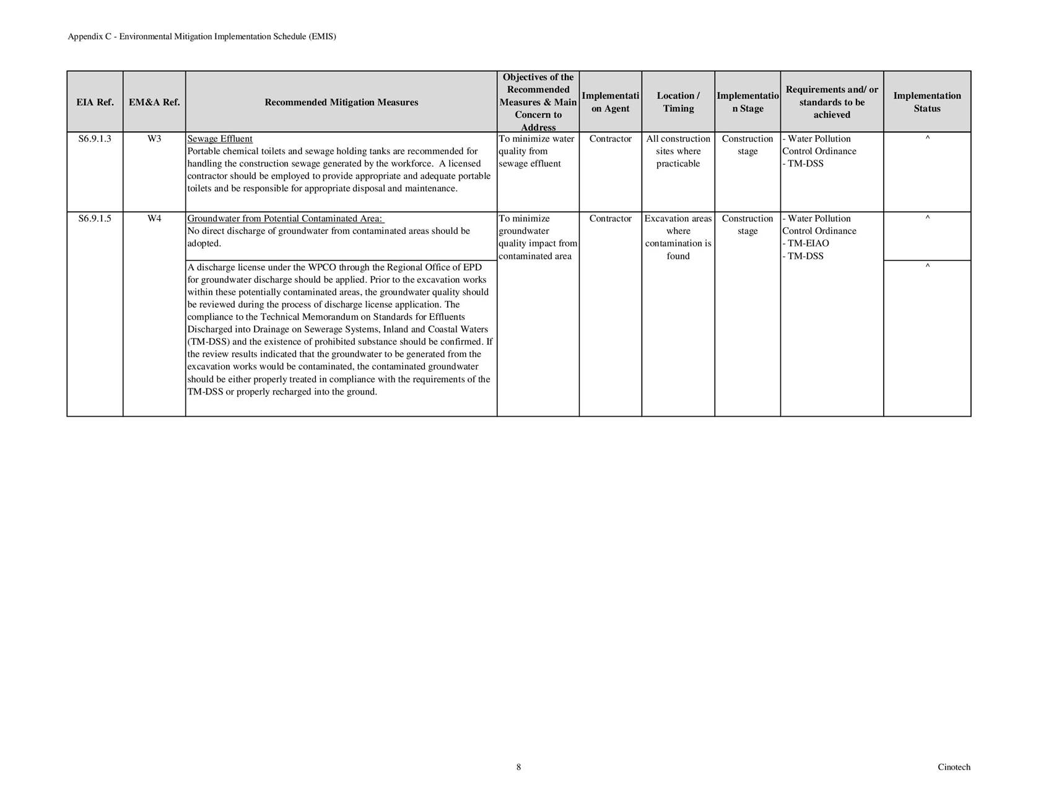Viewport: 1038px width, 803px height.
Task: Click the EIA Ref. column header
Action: pyautogui.click(x=95, y=102)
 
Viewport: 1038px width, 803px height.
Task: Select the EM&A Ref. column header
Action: pyautogui.click(x=154, y=102)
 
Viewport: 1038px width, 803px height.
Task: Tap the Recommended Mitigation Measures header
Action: pyautogui.click(x=341, y=102)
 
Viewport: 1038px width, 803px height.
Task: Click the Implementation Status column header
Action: pyautogui.click(x=927, y=102)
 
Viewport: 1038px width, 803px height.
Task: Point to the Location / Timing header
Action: pyautogui.click(x=678, y=102)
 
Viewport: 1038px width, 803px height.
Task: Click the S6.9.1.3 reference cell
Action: pyautogui.click(x=95, y=139)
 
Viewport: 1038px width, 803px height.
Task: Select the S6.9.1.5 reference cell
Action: pyautogui.click(x=95, y=219)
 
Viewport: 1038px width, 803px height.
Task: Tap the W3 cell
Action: pyautogui.click(x=154, y=139)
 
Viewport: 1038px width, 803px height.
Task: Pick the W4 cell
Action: pyautogui.click(x=154, y=219)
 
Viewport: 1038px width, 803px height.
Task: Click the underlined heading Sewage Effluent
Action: pyautogui.click(x=220, y=139)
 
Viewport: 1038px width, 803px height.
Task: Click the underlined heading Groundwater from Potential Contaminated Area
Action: pyautogui.click(x=286, y=219)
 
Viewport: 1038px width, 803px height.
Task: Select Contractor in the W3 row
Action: pyautogui.click(x=610, y=139)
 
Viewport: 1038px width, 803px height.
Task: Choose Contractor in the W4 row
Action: pyautogui.click(x=610, y=219)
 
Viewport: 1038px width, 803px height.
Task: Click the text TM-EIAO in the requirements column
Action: pyautogui.click(x=808, y=243)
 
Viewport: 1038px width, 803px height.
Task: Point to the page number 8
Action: pyautogui.click(x=518, y=767)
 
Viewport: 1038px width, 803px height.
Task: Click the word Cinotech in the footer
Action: pyautogui.click(x=954, y=767)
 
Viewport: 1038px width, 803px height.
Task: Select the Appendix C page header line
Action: pyautogui.click(x=202, y=37)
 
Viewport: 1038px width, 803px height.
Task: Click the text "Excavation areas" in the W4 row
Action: pyautogui.click(x=678, y=219)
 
